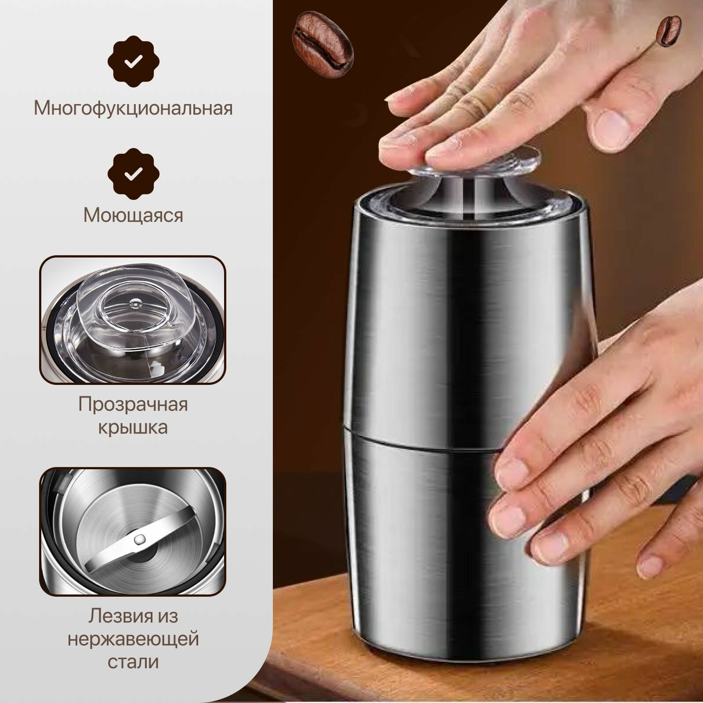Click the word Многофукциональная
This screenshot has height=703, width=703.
[x=133, y=108]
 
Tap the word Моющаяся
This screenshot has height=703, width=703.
[x=133, y=215]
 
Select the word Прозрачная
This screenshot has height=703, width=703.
[x=133, y=404]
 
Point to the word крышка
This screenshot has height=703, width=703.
[x=133, y=427]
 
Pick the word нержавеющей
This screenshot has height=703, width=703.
[x=133, y=639]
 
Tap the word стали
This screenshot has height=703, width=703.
[x=133, y=662]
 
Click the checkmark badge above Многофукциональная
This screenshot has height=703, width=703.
[x=133, y=62]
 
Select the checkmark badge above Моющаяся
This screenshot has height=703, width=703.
[x=133, y=174]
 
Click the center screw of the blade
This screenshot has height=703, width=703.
[x=140, y=537]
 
